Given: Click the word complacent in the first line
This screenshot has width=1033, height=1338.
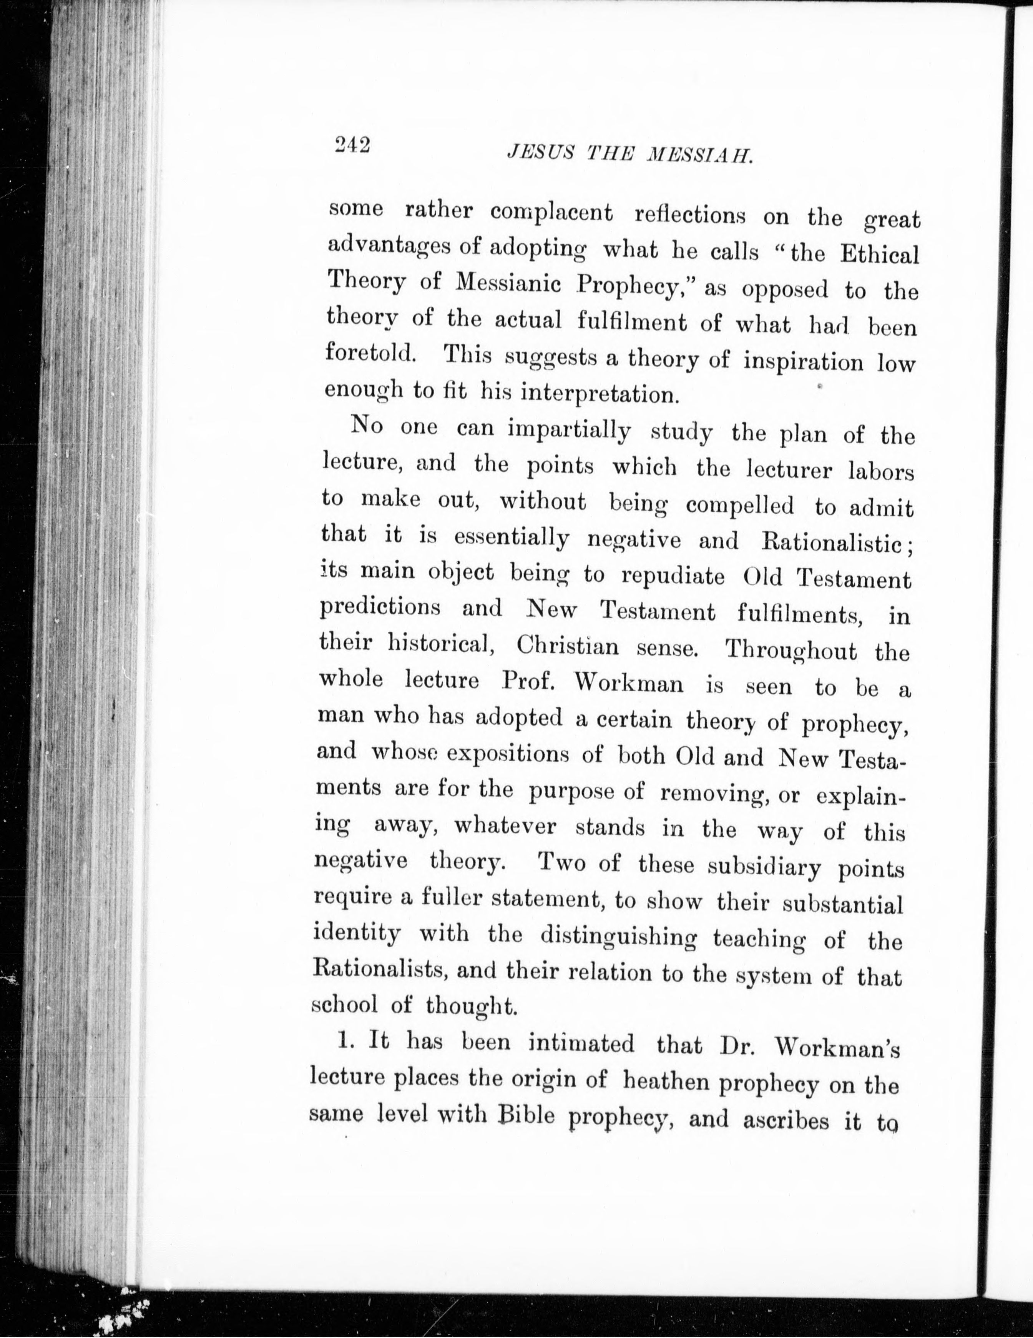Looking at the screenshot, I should click(x=551, y=213).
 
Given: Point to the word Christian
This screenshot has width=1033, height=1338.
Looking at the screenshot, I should click(x=567, y=646).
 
